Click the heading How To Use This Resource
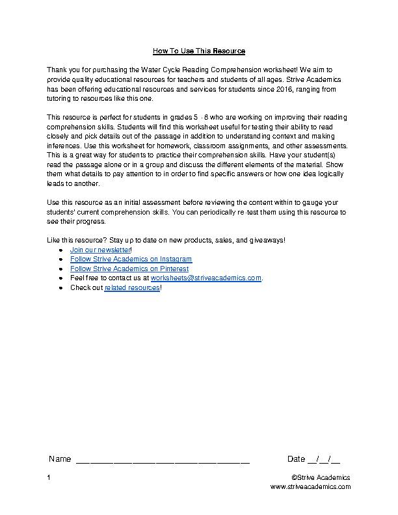198,50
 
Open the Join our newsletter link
100,250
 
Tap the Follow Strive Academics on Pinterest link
129,269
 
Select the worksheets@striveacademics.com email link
206,278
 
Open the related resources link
131,287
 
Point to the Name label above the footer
60,459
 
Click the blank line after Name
163,460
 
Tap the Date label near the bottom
296,459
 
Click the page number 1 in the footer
49,477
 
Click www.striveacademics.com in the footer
310,486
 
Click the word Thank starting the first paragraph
57,69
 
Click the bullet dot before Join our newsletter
61,250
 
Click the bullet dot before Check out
61,287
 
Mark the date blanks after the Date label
324,460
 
